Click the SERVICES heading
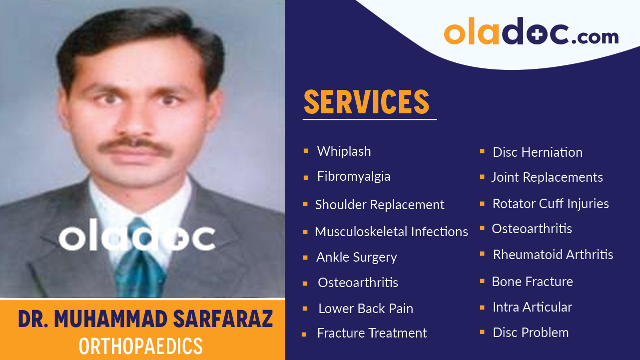[366, 102]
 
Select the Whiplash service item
[344, 151]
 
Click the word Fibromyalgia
[353, 176]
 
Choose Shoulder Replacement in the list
[379, 205]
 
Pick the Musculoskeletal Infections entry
[391, 232]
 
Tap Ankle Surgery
[356, 257]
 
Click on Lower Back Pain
[365, 309]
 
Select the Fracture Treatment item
[372, 333]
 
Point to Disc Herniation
[537, 152]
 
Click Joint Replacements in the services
[547, 177]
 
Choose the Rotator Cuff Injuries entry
[550, 204]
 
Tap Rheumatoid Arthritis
[553, 255]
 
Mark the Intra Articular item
[532, 307]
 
